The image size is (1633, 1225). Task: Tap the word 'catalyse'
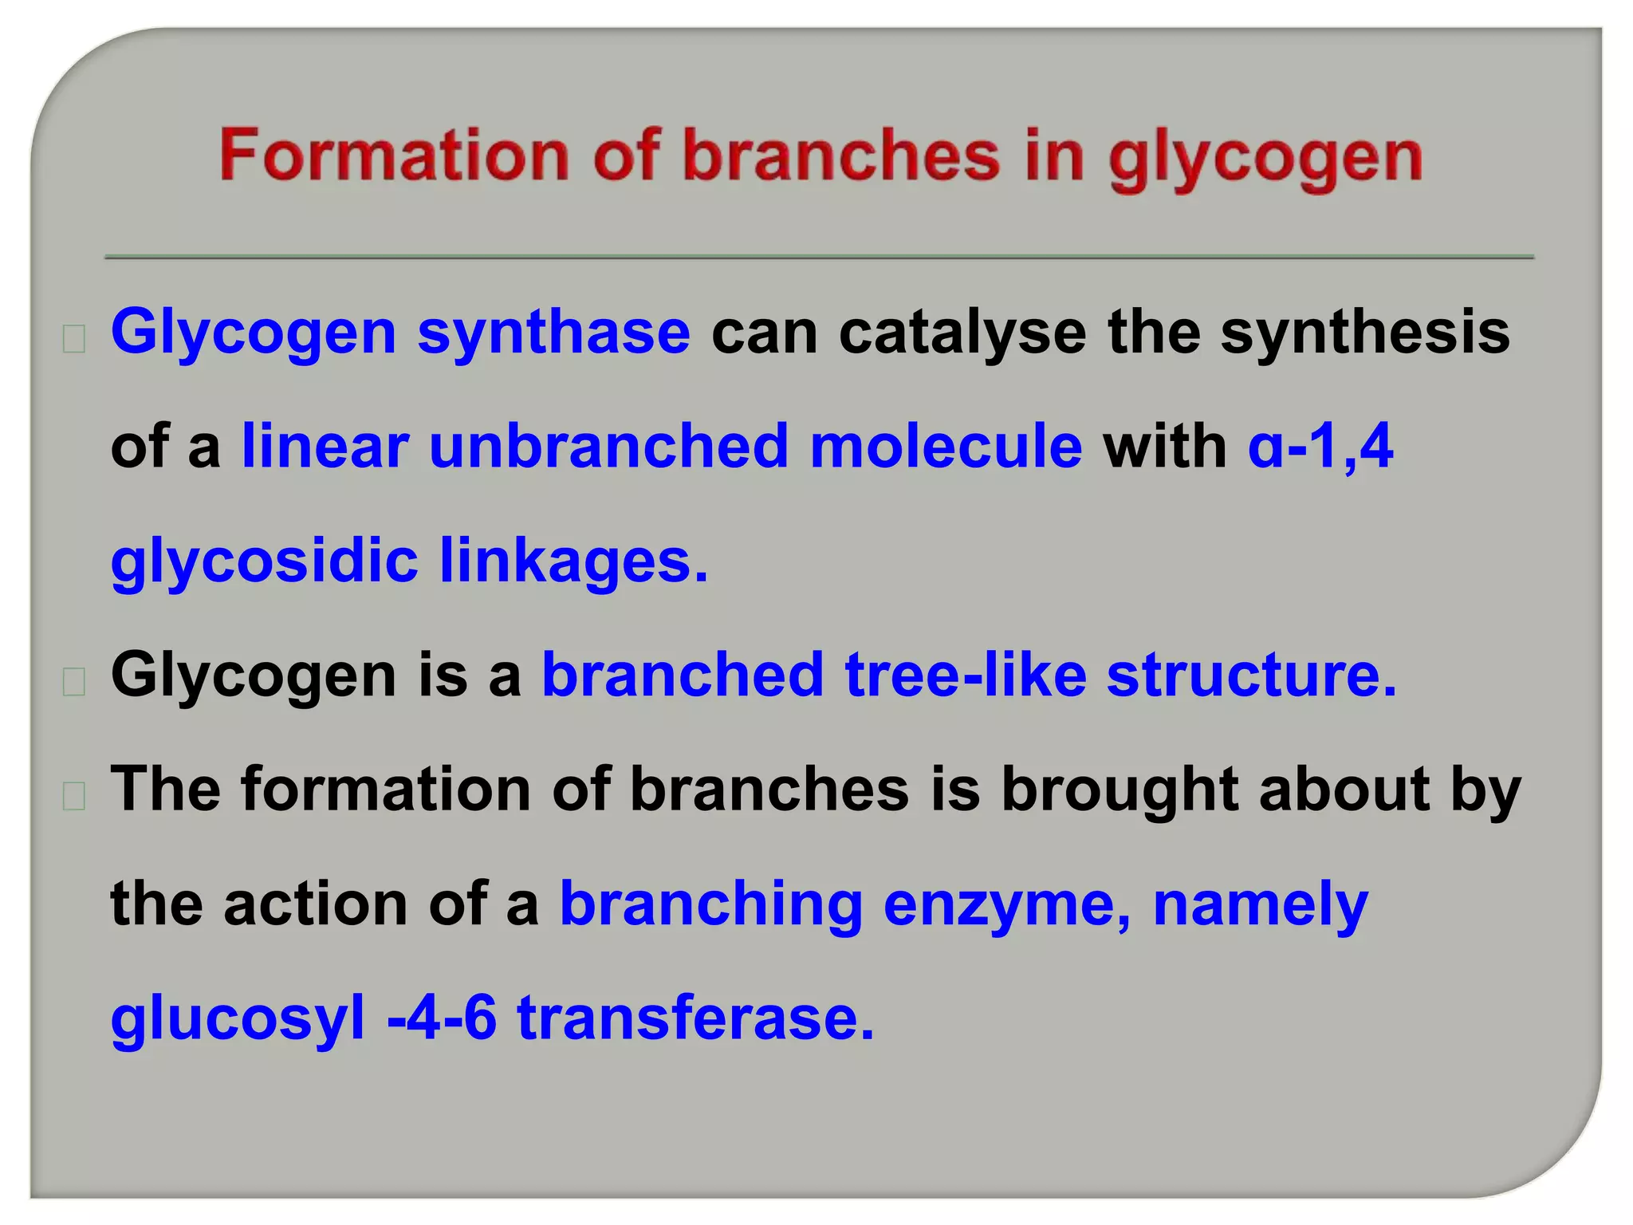(x=962, y=332)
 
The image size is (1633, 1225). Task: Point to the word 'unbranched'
(x=608, y=447)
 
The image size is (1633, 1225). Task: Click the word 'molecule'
(x=946, y=447)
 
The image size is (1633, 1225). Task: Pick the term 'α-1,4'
(x=1320, y=447)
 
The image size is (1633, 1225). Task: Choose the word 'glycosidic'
(x=265, y=561)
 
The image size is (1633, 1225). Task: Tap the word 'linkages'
(x=573, y=561)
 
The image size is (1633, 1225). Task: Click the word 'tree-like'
(x=966, y=676)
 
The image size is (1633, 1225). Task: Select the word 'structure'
(x=1251, y=676)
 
